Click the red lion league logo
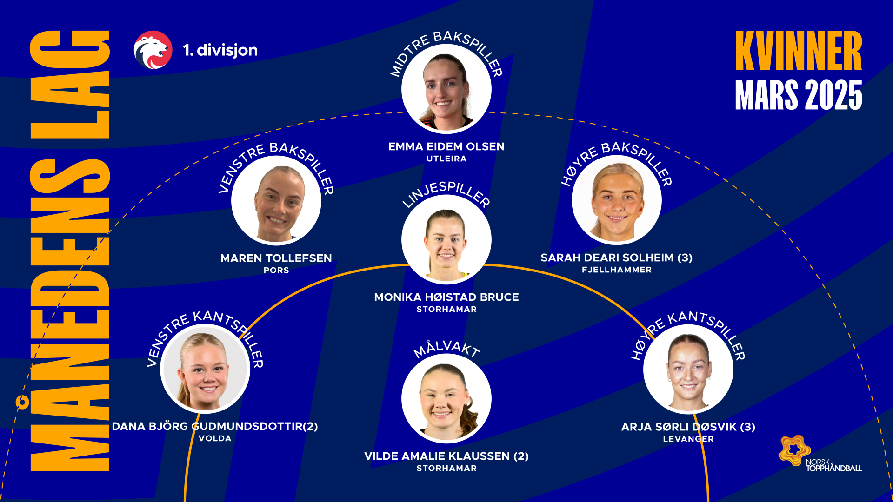point(153,50)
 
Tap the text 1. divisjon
point(220,50)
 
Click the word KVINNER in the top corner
point(798,51)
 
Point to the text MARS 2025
point(798,95)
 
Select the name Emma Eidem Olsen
point(446,147)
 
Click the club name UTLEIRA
point(446,159)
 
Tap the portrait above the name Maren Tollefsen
point(276,201)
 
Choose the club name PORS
point(276,271)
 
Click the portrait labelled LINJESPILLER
point(446,239)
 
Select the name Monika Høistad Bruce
point(446,297)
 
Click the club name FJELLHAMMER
point(616,270)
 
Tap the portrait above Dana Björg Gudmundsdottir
point(205,369)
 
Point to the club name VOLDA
point(214,439)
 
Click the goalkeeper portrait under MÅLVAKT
point(446,398)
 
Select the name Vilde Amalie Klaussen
point(446,456)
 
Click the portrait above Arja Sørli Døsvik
point(688,369)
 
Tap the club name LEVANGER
point(688,439)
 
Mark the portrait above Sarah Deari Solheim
point(616,200)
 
